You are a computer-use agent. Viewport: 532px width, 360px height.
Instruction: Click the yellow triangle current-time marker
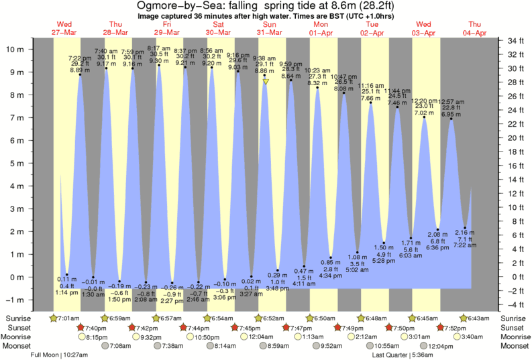(x=266, y=82)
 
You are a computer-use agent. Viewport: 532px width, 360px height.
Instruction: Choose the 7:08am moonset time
(x=121, y=347)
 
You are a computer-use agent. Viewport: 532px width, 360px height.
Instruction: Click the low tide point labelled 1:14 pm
(x=67, y=274)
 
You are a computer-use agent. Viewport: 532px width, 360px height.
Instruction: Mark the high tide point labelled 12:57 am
(x=451, y=119)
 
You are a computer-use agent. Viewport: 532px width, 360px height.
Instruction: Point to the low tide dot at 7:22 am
(x=465, y=228)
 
